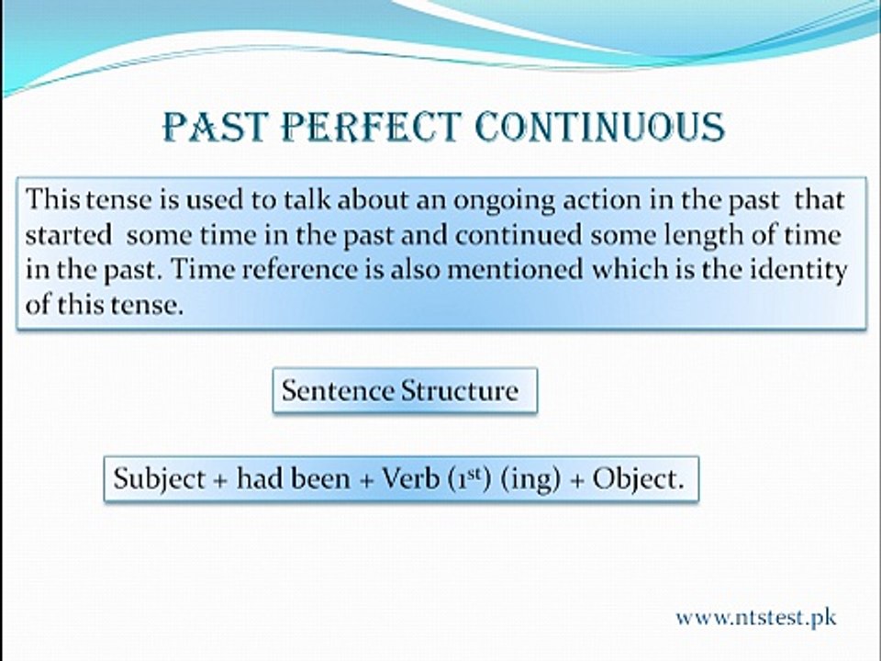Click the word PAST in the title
213,127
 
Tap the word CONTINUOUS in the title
599,127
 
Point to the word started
69,236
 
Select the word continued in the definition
518,236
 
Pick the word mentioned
515,270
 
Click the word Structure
460,390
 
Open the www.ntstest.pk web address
756,618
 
